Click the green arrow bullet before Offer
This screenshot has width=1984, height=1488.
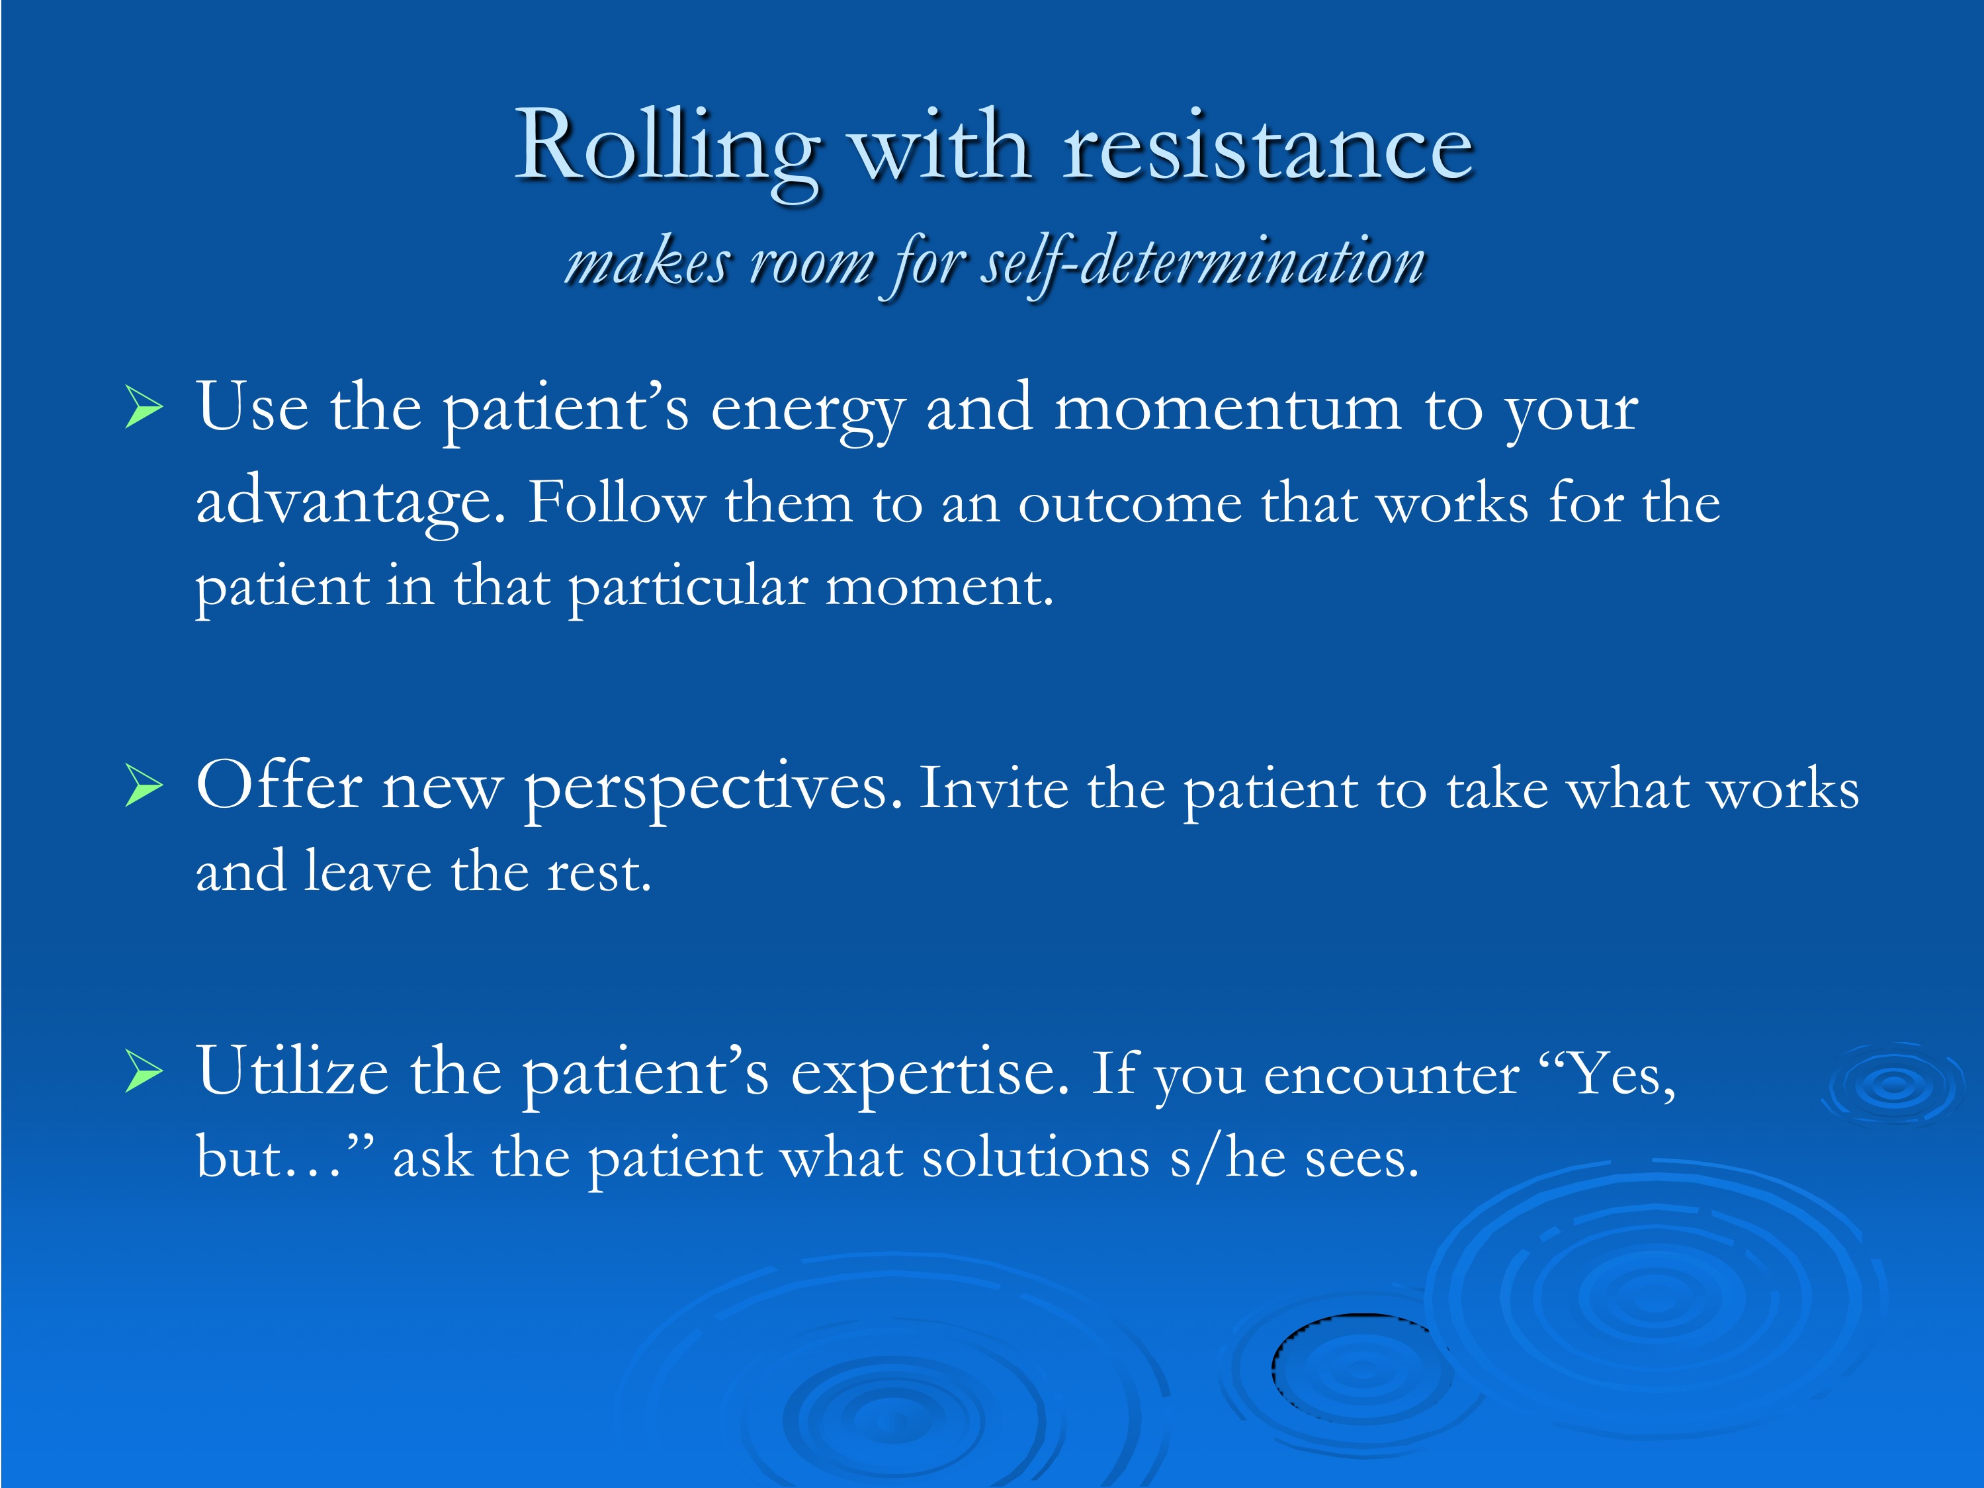click(144, 786)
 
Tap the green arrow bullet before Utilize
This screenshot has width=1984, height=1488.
click(144, 1072)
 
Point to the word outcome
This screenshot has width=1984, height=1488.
click(1130, 504)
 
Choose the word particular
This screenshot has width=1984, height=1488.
click(688, 590)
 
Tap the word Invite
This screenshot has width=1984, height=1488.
click(994, 789)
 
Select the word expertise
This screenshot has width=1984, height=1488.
click(930, 1074)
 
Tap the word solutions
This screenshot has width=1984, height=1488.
click(1036, 1158)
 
